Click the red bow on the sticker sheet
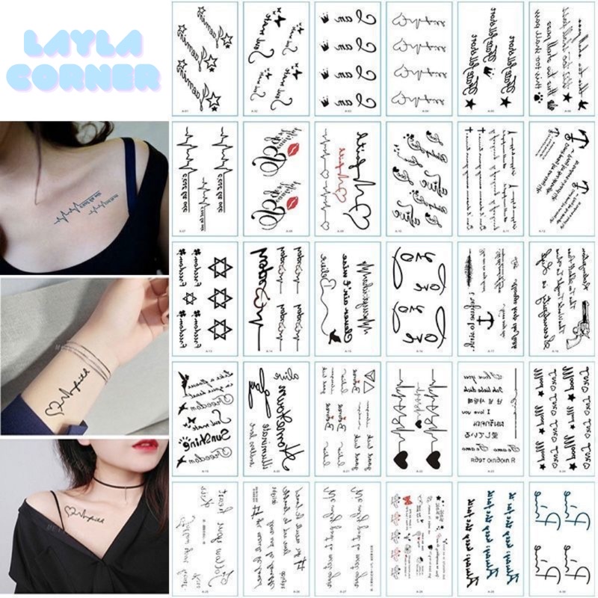409,499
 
